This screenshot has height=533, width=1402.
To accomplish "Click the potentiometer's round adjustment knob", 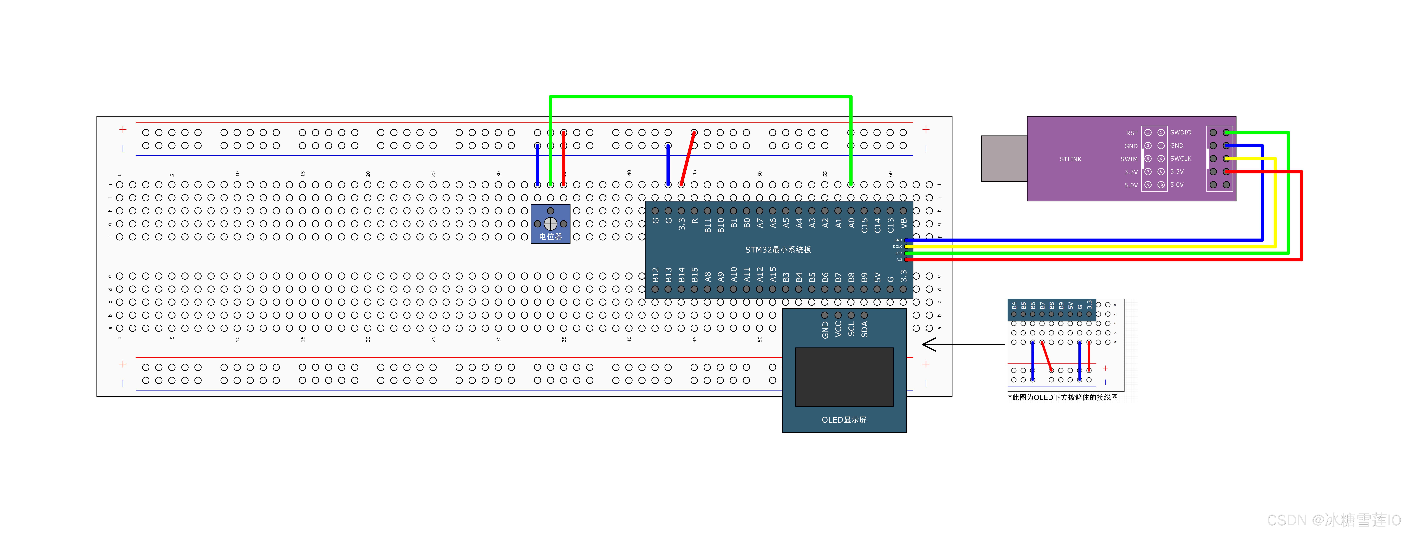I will tap(550, 224).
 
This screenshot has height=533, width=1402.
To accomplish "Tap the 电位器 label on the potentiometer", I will tap(550, 237).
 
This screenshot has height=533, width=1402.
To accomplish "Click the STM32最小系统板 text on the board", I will tap(778, 250).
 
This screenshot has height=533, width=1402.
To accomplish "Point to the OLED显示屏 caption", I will tap(844, 420).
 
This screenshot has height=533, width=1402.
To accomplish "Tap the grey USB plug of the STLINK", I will tap(1004, 158).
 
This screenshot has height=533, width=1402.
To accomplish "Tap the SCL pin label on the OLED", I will tap(851, 329).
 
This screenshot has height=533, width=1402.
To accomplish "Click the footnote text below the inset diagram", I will tap(1062, 398).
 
